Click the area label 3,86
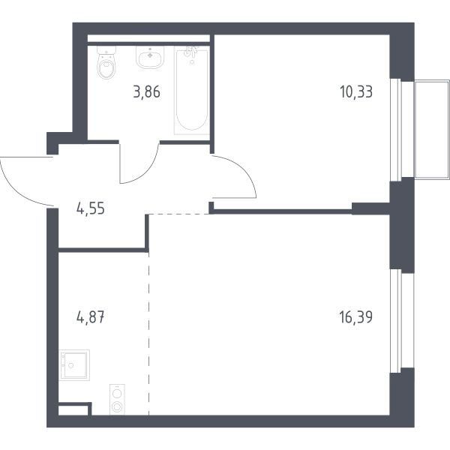click(x=147, y=92)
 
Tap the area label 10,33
click(x=356, y=91)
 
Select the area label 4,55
click(x=91, y=208)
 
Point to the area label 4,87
click(x=91, y=318)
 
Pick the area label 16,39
click(x=356, y=317)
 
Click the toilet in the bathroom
click(x=106, y=62)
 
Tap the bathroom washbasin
click(x=150, y=57)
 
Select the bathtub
click(x=192, y=91)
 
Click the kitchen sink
click(x=74, y=365)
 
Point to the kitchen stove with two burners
click(x=118, y=399)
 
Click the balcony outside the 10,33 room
click(x=432, y=130)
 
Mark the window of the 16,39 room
click(x=396, y=321)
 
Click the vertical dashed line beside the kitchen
click(x=149, y=334)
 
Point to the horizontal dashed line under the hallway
click(x=179, y=214)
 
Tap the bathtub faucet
click(x=190, y=52)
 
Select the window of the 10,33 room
click(x=396, y=130)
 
